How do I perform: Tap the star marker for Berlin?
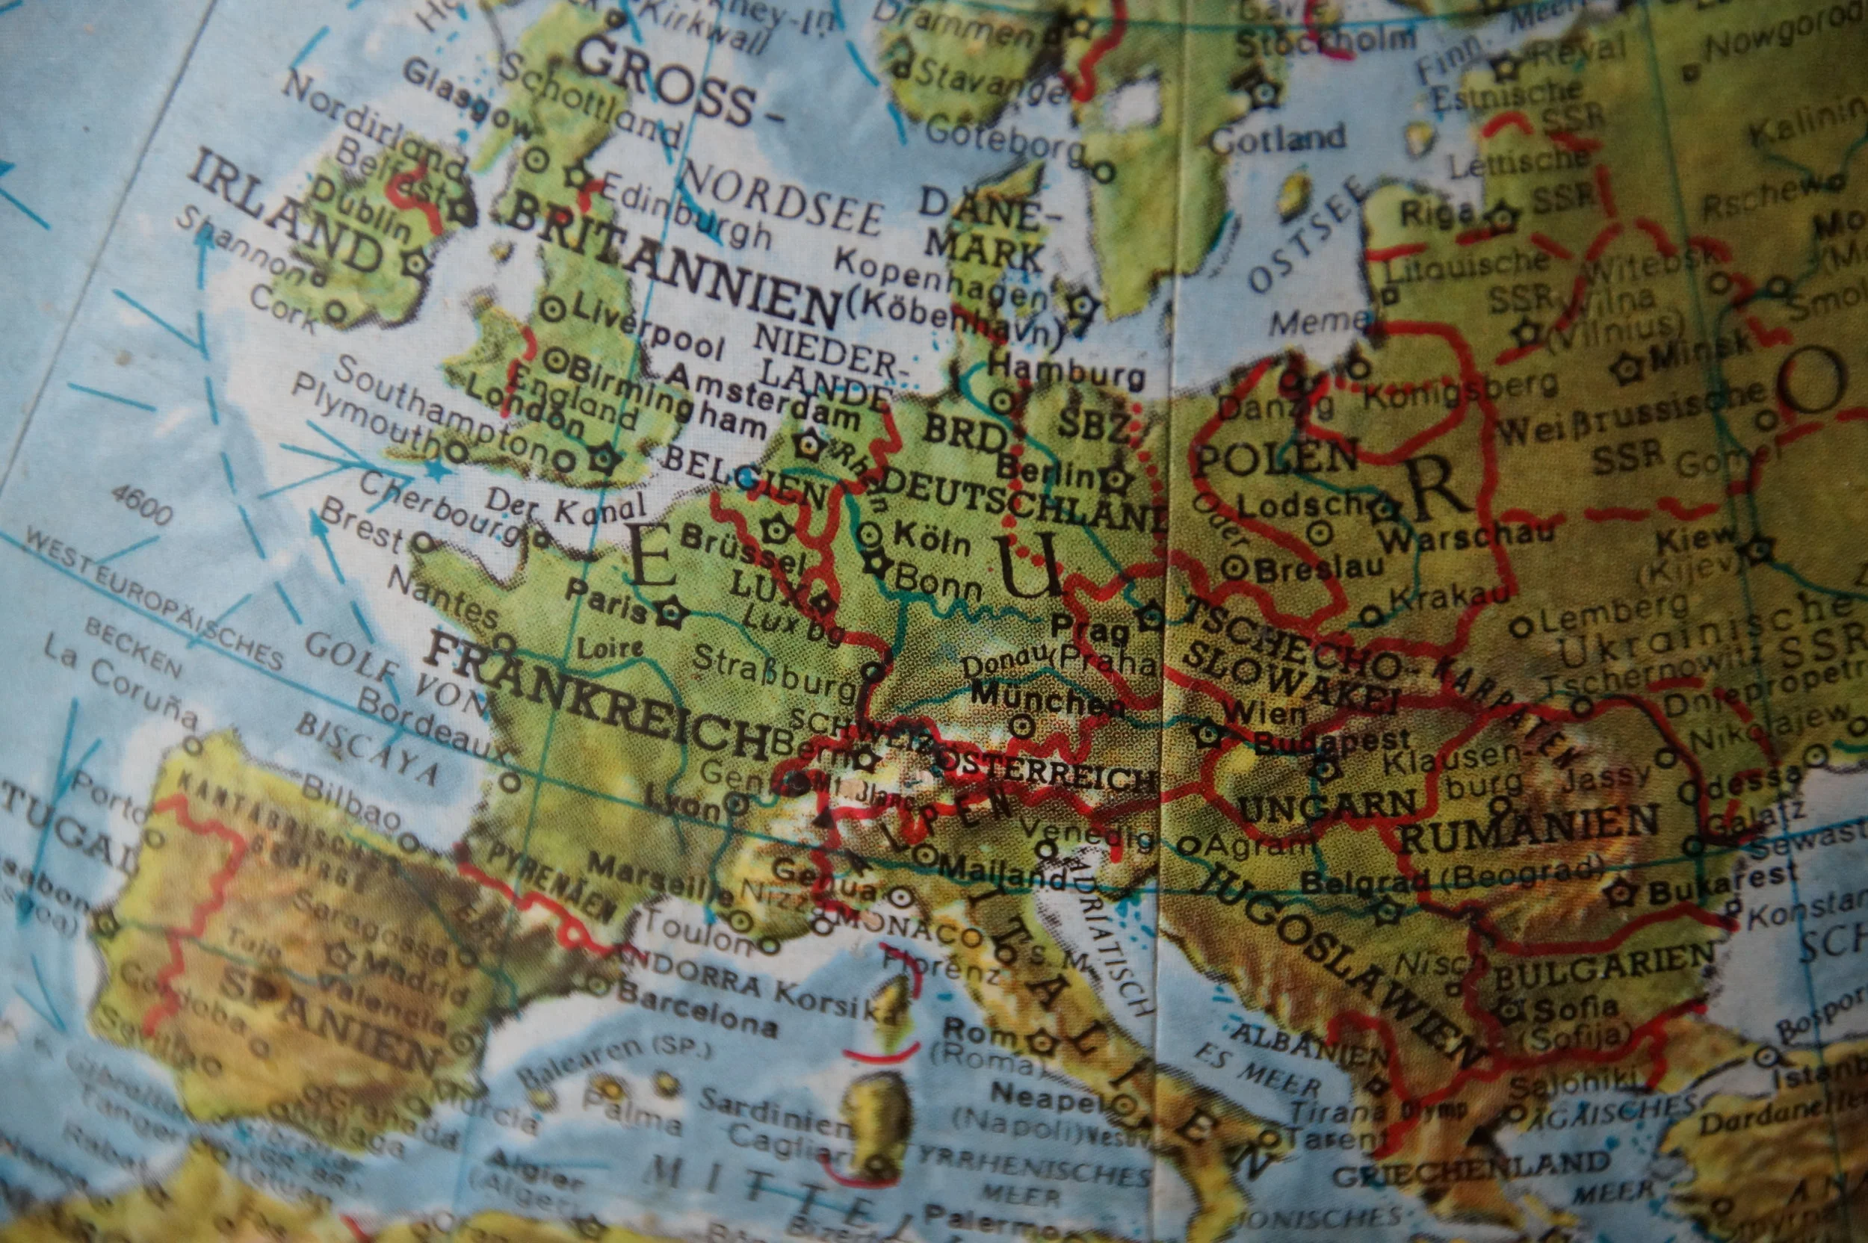(x=1115, y=479)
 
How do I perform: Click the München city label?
(x=1047, y=698)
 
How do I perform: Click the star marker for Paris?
(x=671, y=611)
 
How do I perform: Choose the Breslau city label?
(x=1320, y=568)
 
